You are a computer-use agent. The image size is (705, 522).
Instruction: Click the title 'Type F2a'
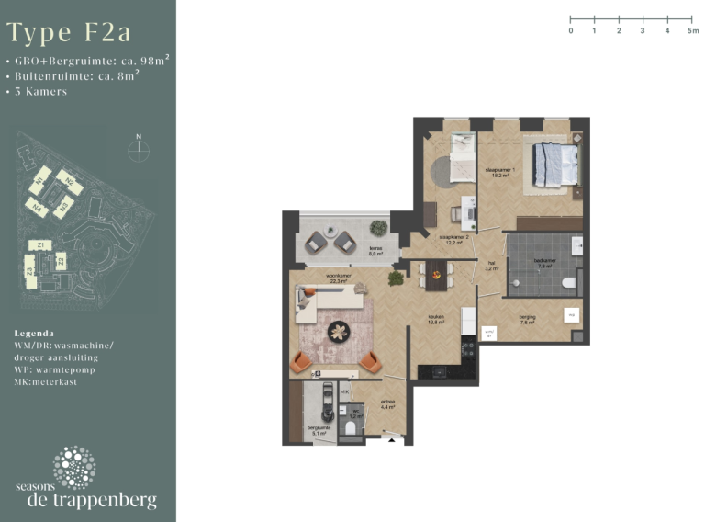click(x=69, y=32)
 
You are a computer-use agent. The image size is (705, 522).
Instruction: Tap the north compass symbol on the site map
click(x=139, y=152)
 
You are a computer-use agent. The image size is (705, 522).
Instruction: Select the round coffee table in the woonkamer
click(x=339, y=329)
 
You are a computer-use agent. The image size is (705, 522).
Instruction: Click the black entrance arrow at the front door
click(x=394, y=441)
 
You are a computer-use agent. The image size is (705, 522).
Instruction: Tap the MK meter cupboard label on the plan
click(x=344, y=393)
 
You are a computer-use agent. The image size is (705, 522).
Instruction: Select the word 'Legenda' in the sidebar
click(x=35, y=332)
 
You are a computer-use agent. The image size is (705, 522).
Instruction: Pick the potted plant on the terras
click(x=378, y=228)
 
